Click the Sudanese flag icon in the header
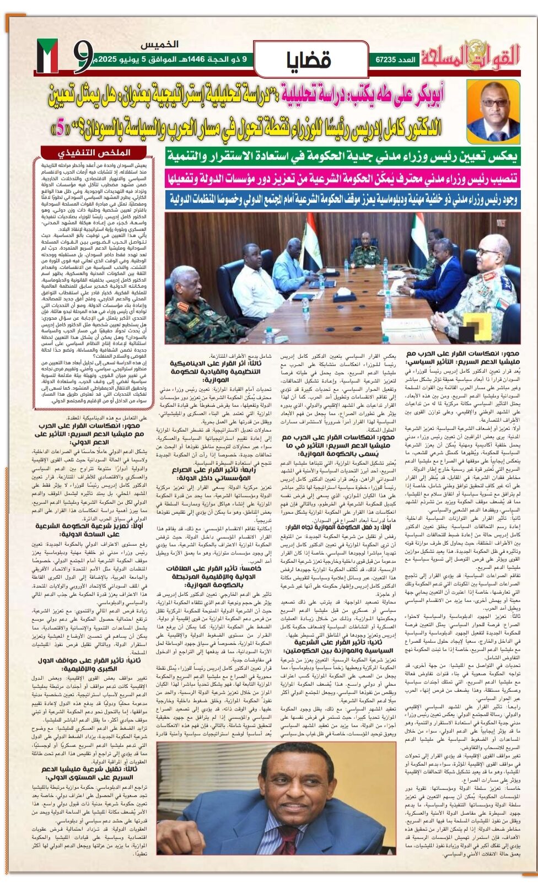click(x=47, y=57)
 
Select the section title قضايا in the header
click(x=309, y=59)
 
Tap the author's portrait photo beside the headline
click(x=493, y=110)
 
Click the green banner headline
click(x=342, y=157)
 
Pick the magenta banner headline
click(x=342, y=178)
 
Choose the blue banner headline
click(x=342, y=198)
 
